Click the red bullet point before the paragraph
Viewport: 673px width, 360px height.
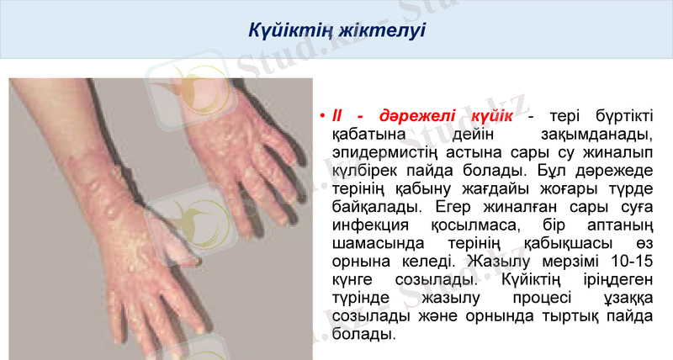point(322,115)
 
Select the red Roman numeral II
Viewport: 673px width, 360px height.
point(338,115)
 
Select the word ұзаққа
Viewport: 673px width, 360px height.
point(628,296)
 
